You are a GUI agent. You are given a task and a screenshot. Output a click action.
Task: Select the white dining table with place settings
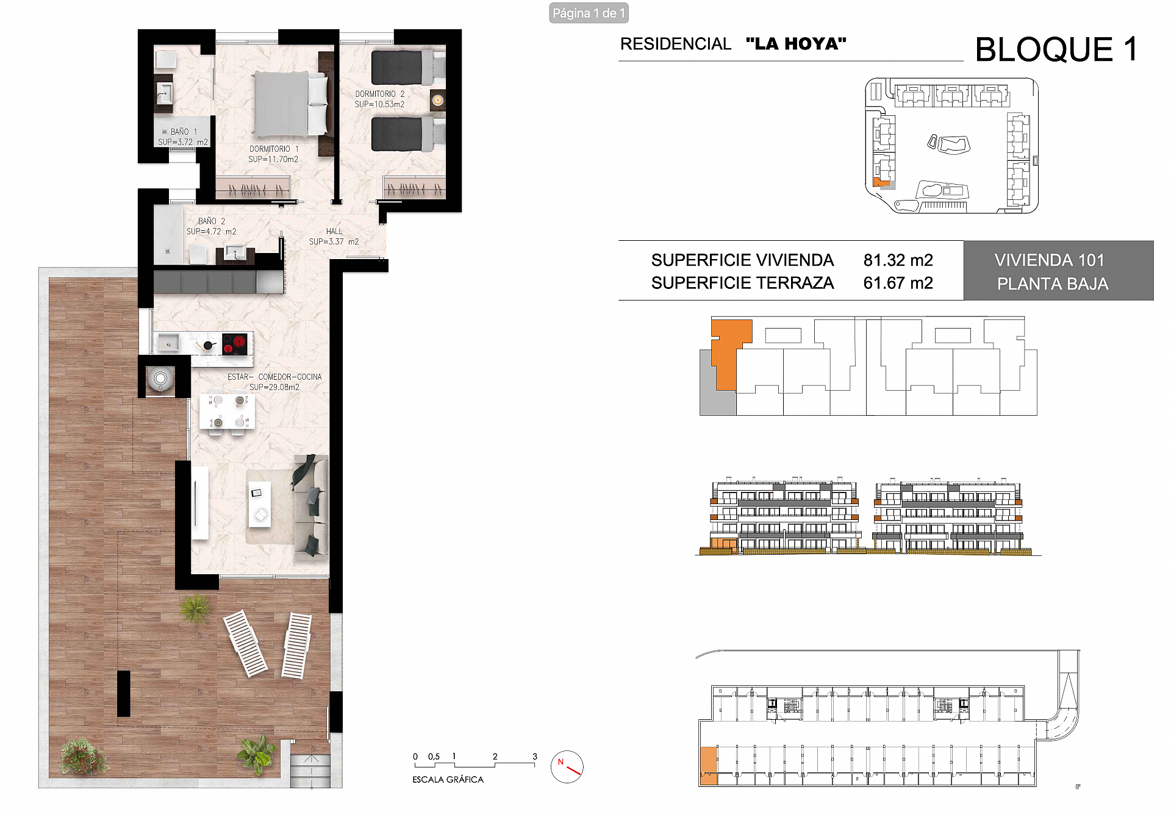coord(227,411)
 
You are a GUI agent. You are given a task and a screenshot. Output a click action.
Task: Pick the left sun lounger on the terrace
coord(245,643)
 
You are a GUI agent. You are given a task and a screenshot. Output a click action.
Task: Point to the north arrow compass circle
coord(567,767)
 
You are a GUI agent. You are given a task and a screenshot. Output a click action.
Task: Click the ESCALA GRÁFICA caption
coord(448,780)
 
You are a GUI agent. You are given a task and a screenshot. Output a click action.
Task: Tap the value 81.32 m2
coord(898,260)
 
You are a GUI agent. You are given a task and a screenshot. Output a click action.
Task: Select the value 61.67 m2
coord(898,283)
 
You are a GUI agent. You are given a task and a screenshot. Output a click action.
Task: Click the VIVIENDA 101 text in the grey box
coord(1049,260)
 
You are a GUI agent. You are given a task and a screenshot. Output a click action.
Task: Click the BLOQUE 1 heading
coord(1056,50)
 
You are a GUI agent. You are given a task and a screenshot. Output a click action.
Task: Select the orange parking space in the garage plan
coord(707,765)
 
